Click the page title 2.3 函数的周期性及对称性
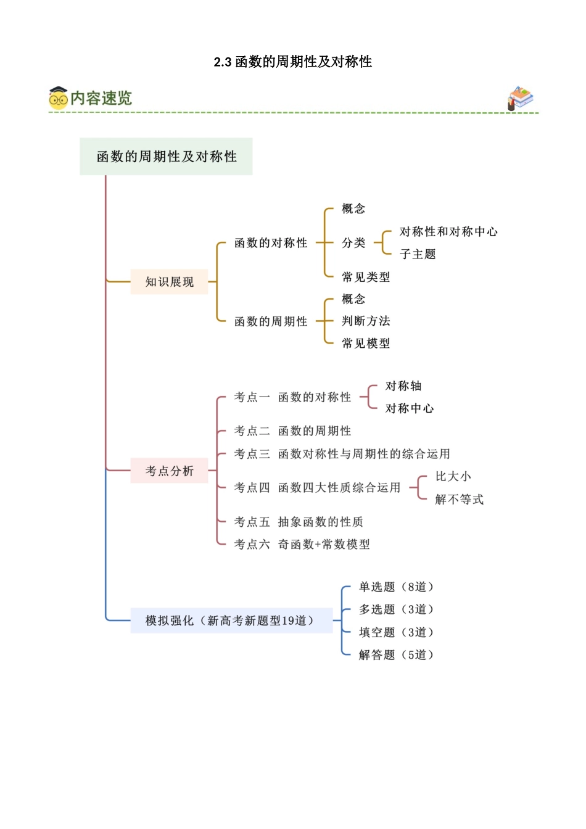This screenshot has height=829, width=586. (292, 62)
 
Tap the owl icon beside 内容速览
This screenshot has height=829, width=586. (59, 98)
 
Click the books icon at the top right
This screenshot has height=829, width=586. (520, 98)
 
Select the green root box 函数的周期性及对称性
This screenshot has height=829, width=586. (166, 157)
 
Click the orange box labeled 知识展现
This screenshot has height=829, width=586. (169, 282)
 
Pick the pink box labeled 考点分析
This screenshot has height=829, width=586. (169, 471)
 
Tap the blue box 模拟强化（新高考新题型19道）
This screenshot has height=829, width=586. (231, 621)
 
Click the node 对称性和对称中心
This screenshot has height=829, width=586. (448, 232)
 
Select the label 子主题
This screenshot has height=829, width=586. (418, 254)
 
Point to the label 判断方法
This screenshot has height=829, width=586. (366, 321)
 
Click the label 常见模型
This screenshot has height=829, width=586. (366, 344)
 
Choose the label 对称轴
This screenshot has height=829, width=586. (403, 386)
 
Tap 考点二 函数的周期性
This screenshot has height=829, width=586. (292, 431)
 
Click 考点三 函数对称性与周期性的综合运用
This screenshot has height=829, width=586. (342, 454)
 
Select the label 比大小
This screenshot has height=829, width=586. (453, 477)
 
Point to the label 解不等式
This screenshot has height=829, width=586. (459, 500)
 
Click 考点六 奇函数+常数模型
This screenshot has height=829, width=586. (302, 545)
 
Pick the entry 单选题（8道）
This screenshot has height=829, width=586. (397, 587)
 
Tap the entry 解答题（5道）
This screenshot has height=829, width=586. (397, 655)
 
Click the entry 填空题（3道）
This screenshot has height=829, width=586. (397, 632)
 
